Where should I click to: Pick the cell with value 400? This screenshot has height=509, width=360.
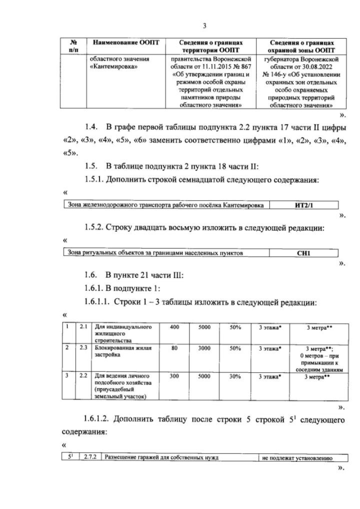174,327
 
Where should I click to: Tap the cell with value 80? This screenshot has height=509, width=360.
174,349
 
